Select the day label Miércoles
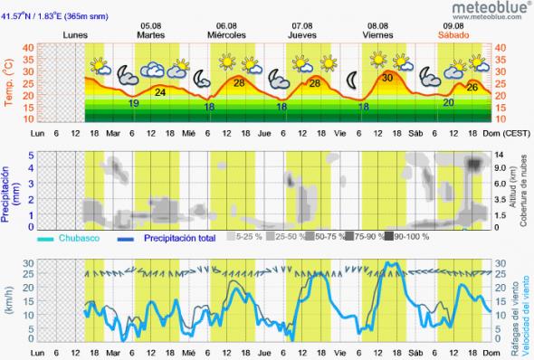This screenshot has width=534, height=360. tap(226, 34)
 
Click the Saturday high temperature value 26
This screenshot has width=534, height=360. tap(472, 87)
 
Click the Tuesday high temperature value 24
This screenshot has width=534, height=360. tap(160, 91)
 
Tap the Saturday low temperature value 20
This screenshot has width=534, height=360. tap(448, 102)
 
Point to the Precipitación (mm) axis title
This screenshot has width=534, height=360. tap(7, 190)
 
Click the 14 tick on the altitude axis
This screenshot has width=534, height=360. tap(500, 155)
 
